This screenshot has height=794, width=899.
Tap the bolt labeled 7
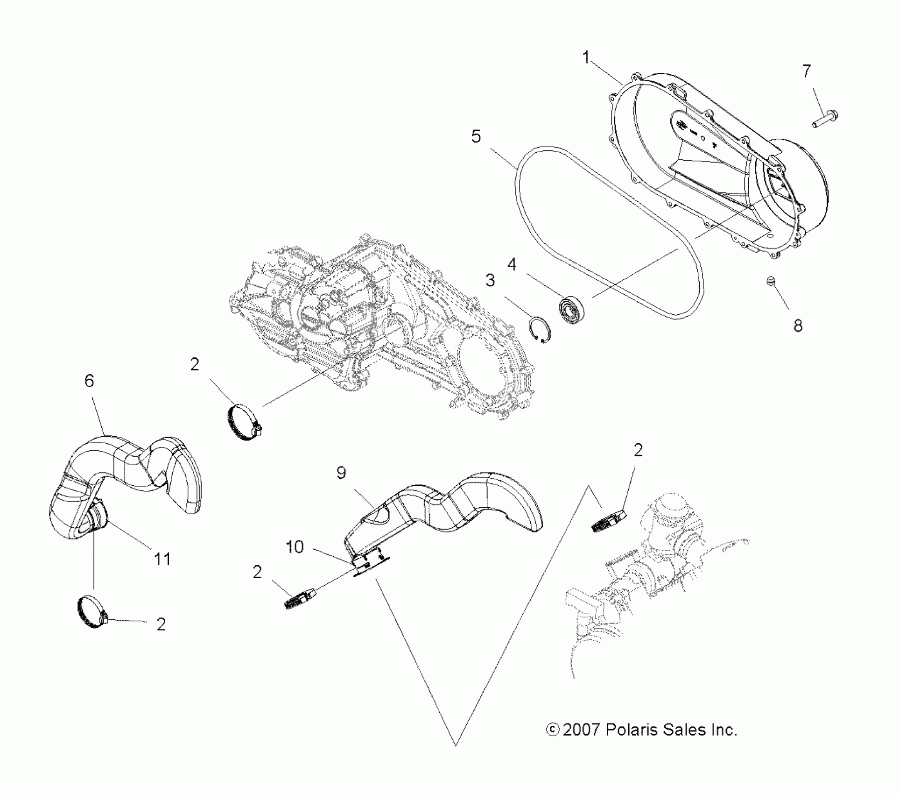[x=825, y=114]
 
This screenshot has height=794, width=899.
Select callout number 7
[x=807, y=71]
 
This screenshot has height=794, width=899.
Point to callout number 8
[x=798, y=326]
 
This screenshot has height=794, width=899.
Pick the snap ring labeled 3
[x=541, y=331]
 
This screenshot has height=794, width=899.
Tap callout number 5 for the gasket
[x=476, y=137]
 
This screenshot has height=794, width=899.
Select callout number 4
[x=512, y=265]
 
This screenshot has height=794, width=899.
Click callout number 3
[x=490, y=280]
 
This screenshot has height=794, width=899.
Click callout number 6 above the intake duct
[x=89, y=381]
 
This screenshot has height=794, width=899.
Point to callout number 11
[x=162, y=559]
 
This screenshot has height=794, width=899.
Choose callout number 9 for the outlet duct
[x=341, y=473]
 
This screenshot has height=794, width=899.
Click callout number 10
[x=295, y=546]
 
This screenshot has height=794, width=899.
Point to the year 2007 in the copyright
[x=581, y=730]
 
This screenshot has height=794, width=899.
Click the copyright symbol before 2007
[x=552, y=730]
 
